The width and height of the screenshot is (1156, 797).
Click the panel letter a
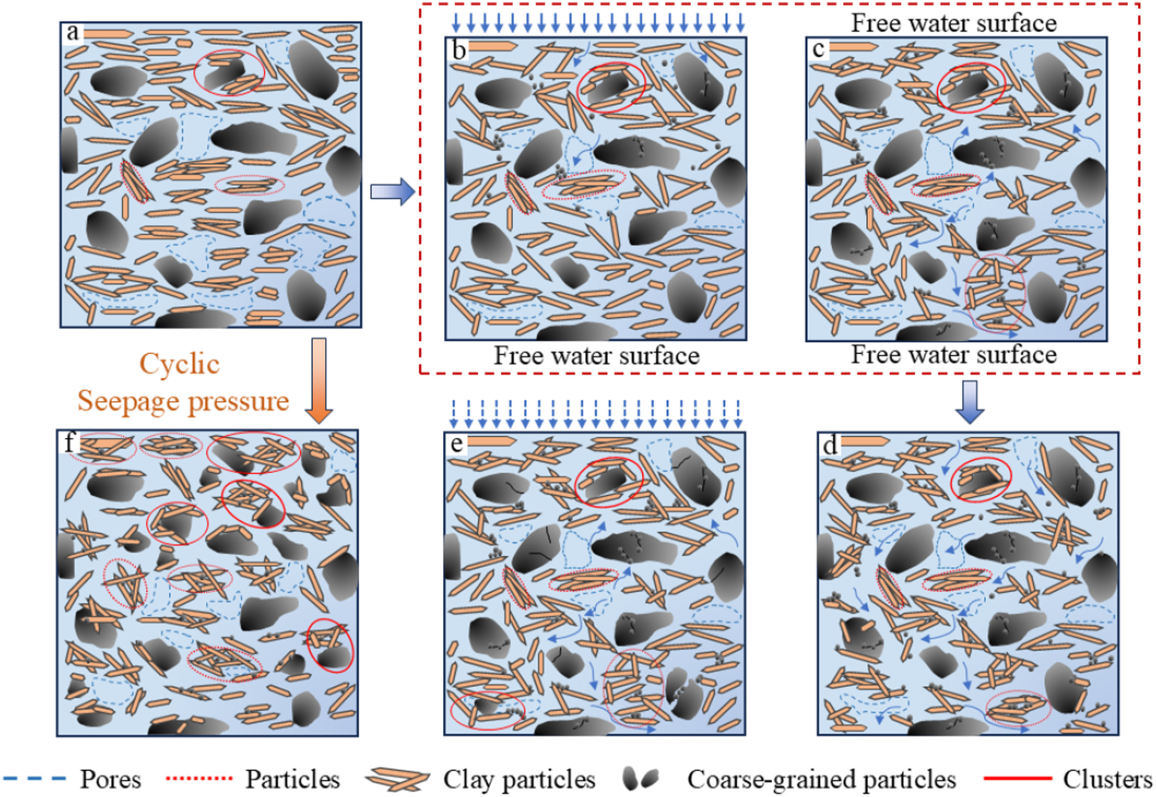pyautogui.click(x=73, y=33)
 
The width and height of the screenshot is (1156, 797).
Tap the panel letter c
pyautogui.click(x=818, y=48)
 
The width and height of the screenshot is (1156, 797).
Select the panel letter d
pyautogui.click(x=830, y=445)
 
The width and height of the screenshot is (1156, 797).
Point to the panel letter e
pyautogui.click(x=457, y=444)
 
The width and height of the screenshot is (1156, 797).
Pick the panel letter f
pyautogui.click(x=69, y=443)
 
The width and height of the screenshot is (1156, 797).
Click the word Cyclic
pyautogui.click(x=179, y=364)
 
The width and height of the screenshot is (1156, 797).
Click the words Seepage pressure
pyautogui.click(x=183, y=401)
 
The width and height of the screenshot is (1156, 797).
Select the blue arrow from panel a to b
pyautogui.click(x=393, y=191)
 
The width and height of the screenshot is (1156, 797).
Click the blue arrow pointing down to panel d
pyautogui.click(x=970, y=402)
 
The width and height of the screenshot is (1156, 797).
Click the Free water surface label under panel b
pyautogui.click(x=597, y=356)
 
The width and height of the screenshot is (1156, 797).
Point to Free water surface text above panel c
pyautogui.click(x=954, y=23)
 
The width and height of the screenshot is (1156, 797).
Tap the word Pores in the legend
pyautogui.click(x=111, y=779)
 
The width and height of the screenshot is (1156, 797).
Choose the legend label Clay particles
pyautogui.click(x=519, y=779)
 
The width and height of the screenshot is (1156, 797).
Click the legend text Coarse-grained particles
pyautogui.click(x=821, y=779)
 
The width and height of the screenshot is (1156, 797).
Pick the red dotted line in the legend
pyautogui.click(x=199, y=778)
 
